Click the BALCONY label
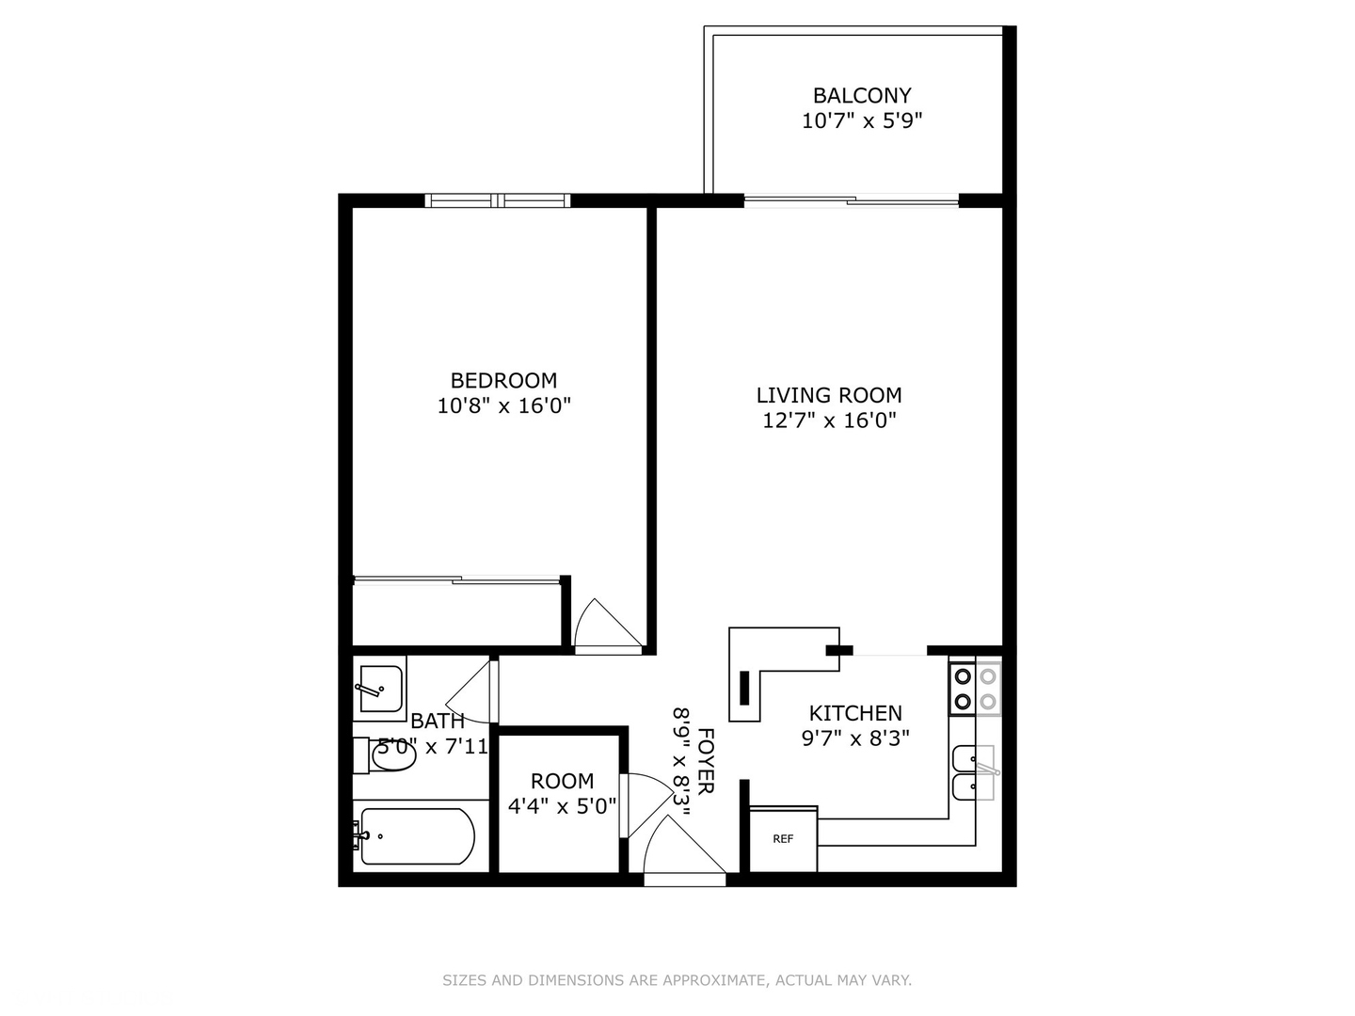(x=862, y=96)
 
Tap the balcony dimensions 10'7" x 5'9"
(x=862, y=121)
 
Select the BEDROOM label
(x=503, y=381)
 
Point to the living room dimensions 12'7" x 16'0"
(x=828, y=421)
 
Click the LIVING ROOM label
(x=828, y=395)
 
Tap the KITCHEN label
(x=854, y=713)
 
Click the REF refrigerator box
(x=783, y=839)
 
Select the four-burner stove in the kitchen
(x=975, y=689)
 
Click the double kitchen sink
(x=973, y=772)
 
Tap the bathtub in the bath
(x=416, y=836)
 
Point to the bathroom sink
(x=380, y=689)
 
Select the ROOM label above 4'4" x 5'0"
(x=562, y=781)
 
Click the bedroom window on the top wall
(x=497, y=200)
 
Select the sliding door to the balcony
(x=852, y=200)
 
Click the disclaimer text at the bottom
(x=677, y=980)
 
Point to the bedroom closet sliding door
(x=456, y=580)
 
